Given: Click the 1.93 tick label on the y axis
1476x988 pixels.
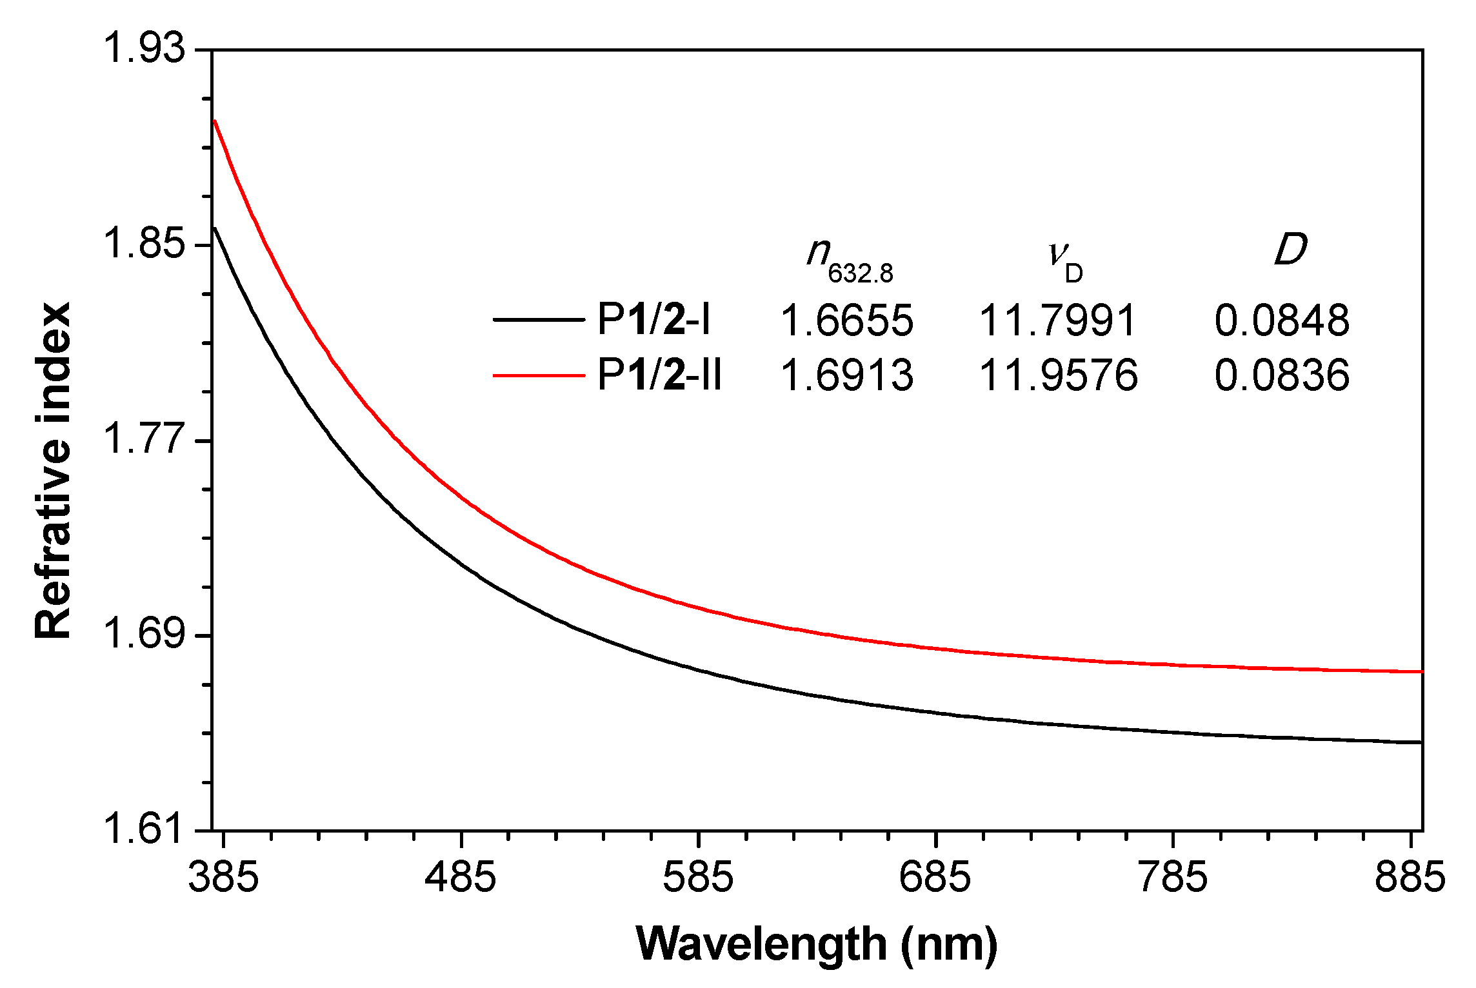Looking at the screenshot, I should click(143, 49).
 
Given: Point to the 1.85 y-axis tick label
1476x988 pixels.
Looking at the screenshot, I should click(143, 244).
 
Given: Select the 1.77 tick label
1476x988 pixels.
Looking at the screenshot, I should click(143, 440).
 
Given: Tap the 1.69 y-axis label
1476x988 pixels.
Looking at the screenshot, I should click(143, 635).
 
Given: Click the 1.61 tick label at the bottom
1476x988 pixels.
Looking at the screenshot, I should click(143, 829).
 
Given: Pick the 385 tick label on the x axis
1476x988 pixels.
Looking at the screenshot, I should click(223, 878).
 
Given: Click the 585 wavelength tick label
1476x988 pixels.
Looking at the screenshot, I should click(699, 878).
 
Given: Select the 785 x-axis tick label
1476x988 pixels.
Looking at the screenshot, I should click(1173, 878).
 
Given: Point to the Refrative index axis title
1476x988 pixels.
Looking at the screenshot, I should click(53, 471).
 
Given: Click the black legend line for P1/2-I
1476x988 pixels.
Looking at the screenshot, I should click(538, 319).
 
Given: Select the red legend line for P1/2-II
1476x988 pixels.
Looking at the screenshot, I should click(538, 375).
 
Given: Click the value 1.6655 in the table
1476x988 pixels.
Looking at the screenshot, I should click(847, 321).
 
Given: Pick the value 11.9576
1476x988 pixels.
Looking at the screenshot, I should click(1059, 376).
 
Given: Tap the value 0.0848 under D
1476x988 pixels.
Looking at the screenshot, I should click(1282, 321).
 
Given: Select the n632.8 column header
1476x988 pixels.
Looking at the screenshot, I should click(849, 259).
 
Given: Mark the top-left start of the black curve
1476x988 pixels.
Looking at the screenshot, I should click(215, 228).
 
